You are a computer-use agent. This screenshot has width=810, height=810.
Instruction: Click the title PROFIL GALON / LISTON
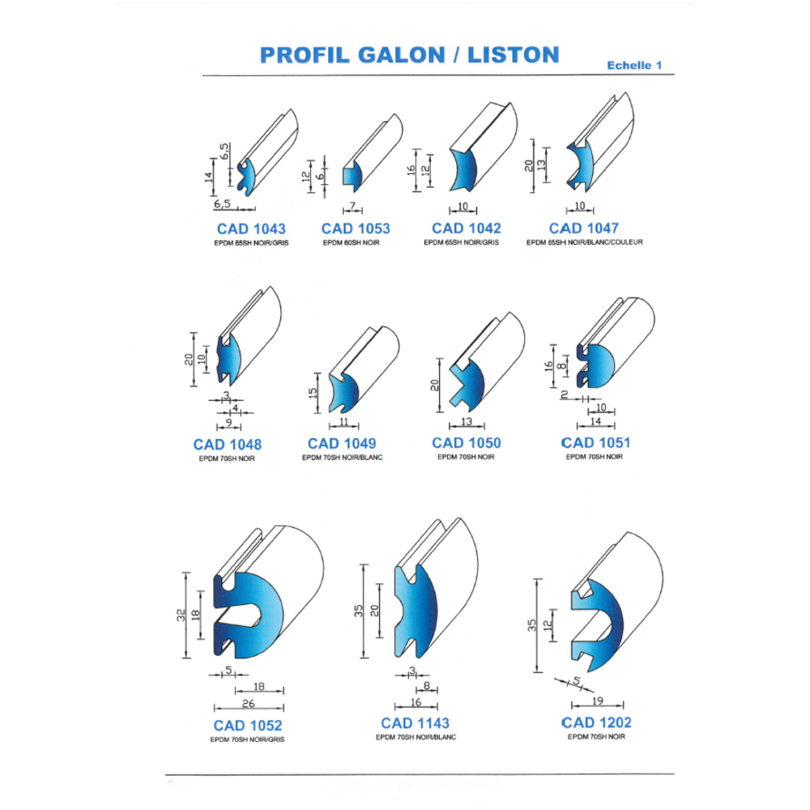pos(409,54)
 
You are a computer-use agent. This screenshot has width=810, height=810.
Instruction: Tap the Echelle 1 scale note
pos(635,66)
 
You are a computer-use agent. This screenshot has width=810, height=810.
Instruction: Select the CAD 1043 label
pos(251,229)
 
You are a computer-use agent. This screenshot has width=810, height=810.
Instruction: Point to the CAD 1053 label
pos(356,229)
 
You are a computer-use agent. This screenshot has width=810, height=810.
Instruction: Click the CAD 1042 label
pos(466,228)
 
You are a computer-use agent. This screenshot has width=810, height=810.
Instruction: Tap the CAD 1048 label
pos(228,444)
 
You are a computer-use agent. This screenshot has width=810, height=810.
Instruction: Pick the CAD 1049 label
pos(342,443)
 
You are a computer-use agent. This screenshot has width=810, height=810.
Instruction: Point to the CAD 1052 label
pos(248,725)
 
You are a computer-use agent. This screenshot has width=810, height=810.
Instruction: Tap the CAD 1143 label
pos(415,723)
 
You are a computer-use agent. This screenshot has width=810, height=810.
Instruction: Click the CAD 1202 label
pos(596,722)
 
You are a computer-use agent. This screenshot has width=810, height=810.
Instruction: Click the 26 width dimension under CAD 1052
pos(248,704)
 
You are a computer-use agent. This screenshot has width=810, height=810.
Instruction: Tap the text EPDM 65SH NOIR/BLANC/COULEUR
pos(584,242)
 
